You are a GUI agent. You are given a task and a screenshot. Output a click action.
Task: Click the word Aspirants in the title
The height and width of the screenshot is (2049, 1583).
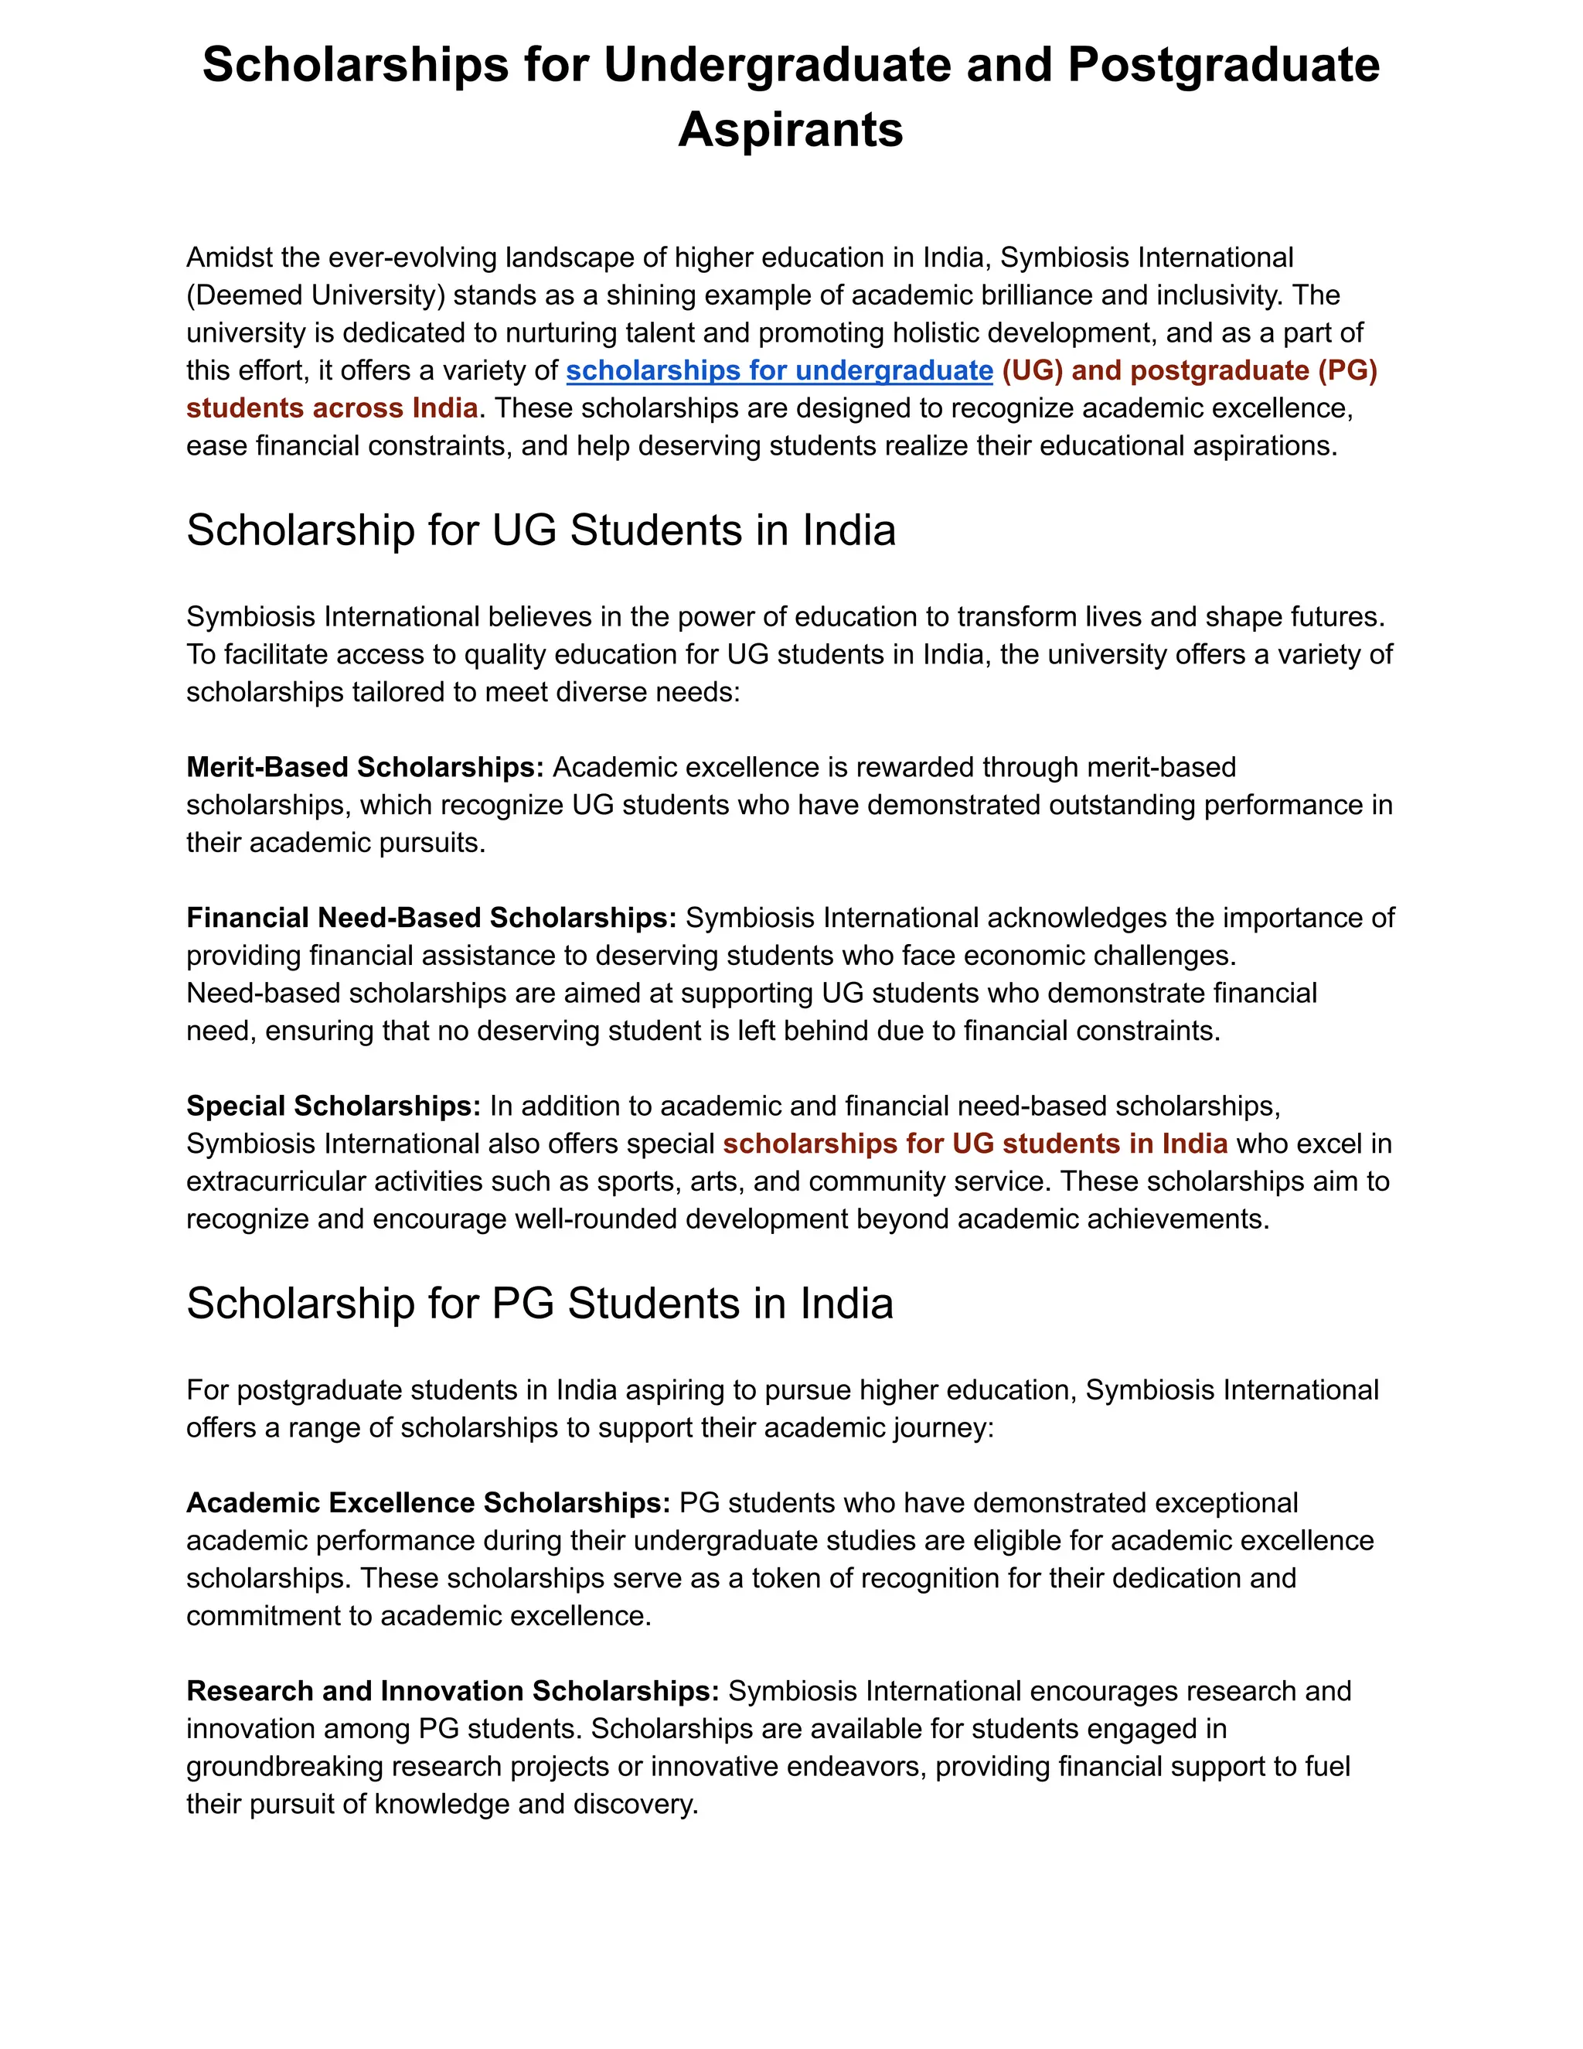click(x=791, y=129)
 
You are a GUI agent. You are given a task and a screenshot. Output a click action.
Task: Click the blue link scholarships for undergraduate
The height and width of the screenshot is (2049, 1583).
click(x=779, y=370)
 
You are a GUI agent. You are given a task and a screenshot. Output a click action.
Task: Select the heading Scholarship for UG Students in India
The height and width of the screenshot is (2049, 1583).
click(x=541, y=531)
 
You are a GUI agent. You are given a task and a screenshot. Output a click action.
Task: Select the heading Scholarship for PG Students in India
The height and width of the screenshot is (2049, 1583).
click(x=540, y=1304)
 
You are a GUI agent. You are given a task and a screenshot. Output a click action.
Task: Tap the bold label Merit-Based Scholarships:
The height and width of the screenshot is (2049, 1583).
click(x=365, y=768)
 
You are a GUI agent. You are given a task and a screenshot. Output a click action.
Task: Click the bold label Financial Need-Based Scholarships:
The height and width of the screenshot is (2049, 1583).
click(x=431, y=918)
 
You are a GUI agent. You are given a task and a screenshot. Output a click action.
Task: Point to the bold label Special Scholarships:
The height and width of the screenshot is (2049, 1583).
click(x=334, y=1106)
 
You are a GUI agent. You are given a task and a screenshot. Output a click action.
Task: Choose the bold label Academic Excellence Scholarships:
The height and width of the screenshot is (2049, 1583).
click(x=428, y=1503)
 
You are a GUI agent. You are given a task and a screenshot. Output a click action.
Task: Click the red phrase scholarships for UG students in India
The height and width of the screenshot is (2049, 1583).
click(x=975, y=1144)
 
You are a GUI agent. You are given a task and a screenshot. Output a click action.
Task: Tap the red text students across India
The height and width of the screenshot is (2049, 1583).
click(x=332, y=408)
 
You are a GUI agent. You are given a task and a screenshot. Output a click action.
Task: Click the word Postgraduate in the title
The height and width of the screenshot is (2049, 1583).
click(x=1223, y=66)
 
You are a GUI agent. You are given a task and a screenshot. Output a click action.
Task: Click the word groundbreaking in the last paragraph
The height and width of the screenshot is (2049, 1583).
click(x=285, y=1767)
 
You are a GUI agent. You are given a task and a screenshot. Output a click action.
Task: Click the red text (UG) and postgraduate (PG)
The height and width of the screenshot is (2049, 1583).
click(x=1189, y=370)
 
